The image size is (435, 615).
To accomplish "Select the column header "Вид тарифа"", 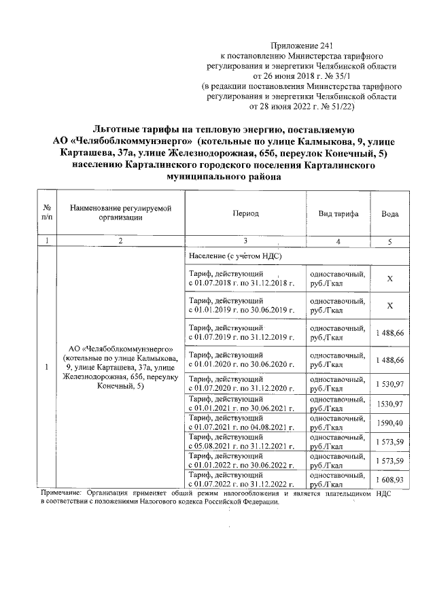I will point(338,213).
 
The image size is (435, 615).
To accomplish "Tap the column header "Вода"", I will point(390,213).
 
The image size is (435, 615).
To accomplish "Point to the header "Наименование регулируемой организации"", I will point(120,213).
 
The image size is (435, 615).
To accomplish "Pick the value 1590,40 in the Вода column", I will point(390,423).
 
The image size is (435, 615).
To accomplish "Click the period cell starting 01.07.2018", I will point(243,279).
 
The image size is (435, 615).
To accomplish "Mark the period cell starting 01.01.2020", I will point(243,359).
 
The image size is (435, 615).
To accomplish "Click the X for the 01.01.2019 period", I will point(390,306).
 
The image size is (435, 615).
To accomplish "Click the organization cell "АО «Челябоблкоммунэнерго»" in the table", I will point(120,367).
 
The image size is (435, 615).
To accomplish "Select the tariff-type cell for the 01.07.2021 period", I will point(337,423).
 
